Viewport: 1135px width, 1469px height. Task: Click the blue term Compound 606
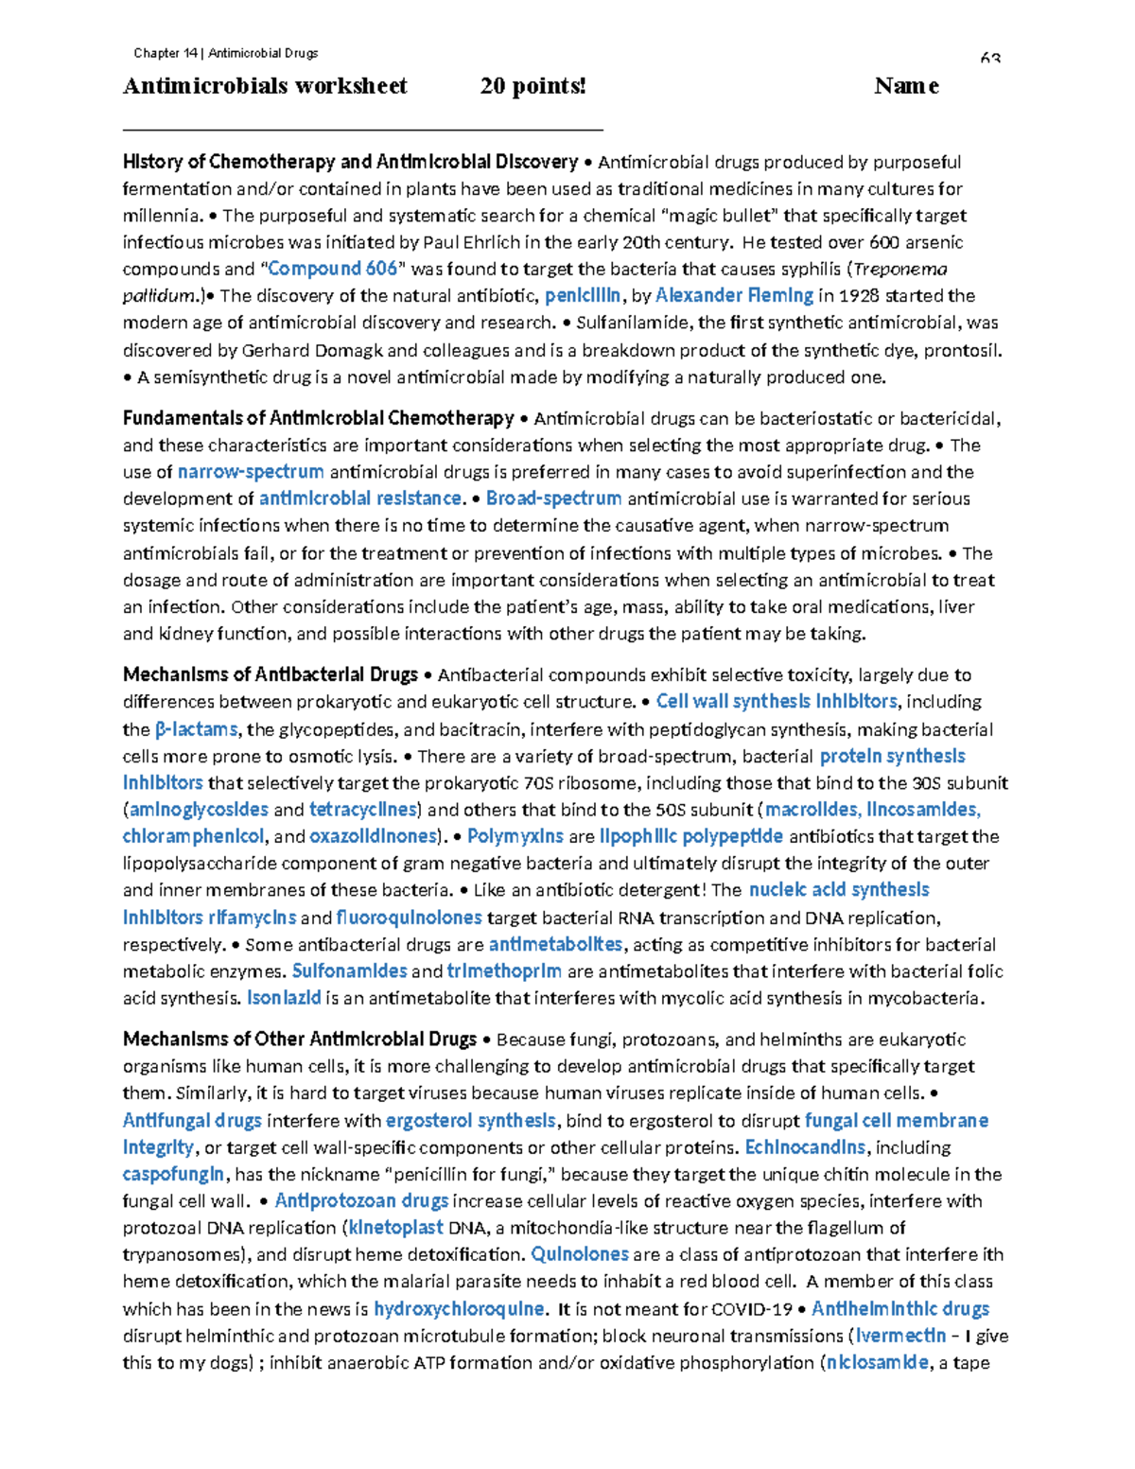coord(333,269)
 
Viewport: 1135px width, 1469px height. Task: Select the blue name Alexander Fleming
coord(734,295)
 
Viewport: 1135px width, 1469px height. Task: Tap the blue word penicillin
coord(583,295)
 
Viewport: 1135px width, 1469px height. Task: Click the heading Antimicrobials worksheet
coord(265,86)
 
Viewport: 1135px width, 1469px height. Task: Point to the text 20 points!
coord(533,86)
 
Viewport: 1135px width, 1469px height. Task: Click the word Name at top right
coord(906,86)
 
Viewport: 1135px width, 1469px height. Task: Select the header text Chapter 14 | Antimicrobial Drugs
coord(225,53)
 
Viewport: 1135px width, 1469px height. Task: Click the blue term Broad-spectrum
coord(553,498)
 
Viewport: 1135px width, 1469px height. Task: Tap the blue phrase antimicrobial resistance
coord(360,498)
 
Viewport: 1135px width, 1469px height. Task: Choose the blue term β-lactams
coord(196,729)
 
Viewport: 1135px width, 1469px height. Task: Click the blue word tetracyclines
coord(363,810)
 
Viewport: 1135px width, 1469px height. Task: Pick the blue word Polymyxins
coord(515,836)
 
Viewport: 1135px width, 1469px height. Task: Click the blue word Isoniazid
coord(284,998)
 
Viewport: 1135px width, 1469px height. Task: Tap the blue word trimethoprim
coord(504,971)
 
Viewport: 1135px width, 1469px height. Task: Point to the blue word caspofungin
coord(174,1174)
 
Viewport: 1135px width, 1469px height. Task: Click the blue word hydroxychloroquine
coord(459,1309)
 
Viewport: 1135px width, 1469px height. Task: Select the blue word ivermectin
coord(900,1336)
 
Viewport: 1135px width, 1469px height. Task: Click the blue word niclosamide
coord(877,1363)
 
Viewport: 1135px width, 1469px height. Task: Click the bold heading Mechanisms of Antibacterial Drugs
coord(270,674)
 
